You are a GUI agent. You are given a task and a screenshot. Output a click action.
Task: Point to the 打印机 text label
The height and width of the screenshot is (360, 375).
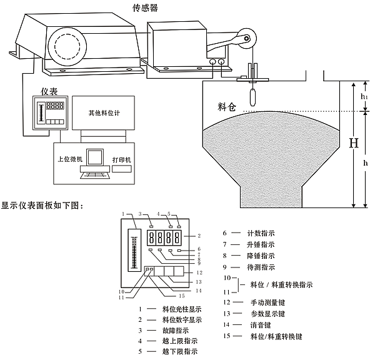click(122, 159)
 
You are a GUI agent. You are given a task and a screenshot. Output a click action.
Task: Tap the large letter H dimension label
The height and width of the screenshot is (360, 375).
click(354, 143)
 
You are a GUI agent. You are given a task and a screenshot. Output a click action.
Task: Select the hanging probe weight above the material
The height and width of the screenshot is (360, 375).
click(252, 97)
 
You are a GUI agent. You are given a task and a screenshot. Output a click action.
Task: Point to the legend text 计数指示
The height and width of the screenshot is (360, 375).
click(262, 233)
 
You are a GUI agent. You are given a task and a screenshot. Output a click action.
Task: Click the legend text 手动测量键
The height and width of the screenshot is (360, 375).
click(269, 302)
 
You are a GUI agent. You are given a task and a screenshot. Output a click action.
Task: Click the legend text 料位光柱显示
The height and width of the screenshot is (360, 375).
click(181, 308)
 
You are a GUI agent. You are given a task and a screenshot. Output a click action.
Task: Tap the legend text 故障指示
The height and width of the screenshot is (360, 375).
click(173, 330)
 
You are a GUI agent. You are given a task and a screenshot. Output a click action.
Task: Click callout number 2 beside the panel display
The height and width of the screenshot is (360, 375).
click(198, 236)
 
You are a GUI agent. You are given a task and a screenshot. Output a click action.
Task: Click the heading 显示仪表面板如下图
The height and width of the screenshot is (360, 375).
click(42, 204)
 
